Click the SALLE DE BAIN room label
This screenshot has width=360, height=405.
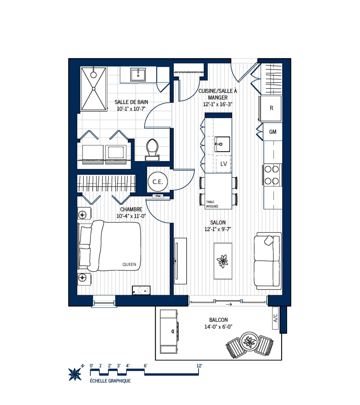tap(131, 102)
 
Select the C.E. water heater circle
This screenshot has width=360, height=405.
tap(157, 182)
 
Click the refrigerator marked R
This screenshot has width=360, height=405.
tap(271, 108)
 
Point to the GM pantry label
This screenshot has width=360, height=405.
tap(273, 132)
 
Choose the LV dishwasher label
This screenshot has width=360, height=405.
tap(223, 164)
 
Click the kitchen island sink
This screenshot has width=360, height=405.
tap(222, 144)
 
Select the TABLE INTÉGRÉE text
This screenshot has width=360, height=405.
tap(212, 204)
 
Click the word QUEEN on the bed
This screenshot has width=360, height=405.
tap(129, 264)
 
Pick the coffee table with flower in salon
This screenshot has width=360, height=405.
tap(223, 261)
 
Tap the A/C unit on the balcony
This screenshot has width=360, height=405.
tap(275, 318)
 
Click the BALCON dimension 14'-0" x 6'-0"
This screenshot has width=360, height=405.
tap(218, 327)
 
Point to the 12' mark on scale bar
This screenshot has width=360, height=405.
tap(199, 366)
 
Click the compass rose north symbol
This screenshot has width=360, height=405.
tap(75, 373)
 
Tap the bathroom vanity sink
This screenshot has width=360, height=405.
tap(138, 75)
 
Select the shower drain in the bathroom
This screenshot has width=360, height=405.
tap(94, 88)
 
